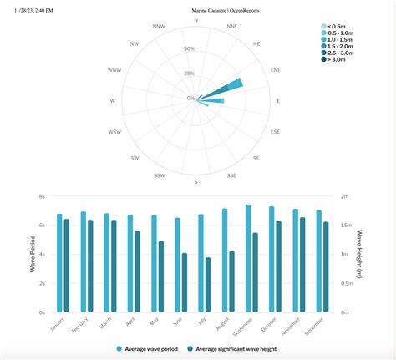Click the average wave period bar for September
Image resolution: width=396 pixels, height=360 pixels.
click(248, 259)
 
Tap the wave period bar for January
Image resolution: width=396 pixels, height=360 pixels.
click(59, 263)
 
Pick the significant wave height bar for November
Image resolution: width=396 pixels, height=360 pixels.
click(302, 265)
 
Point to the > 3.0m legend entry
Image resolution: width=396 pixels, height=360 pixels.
click(338, 59)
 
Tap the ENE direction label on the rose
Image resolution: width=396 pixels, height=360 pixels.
click(275, 70)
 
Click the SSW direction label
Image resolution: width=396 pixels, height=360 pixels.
click(160, 175)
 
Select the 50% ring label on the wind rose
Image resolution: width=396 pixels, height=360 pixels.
click(190, 49)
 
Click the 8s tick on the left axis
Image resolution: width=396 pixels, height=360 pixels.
click(41, 196)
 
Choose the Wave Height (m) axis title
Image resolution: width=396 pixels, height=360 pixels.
click(358, 254)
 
